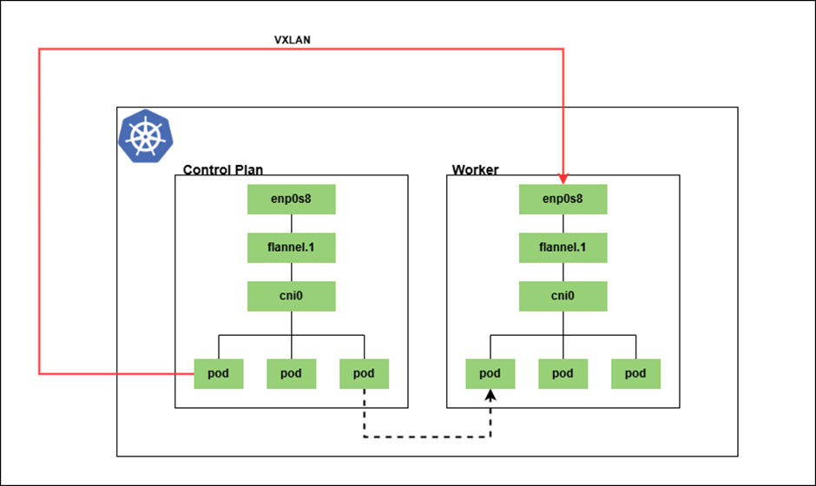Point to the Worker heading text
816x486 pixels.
point(476,169)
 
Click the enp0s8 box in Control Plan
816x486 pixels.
point(291,199)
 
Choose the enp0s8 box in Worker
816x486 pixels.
point(563,199)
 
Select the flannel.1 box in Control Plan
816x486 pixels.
point(291,247)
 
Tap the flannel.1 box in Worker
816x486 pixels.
point(563,247)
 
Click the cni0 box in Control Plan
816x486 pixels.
point(291,295)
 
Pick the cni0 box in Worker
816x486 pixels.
point(563,295)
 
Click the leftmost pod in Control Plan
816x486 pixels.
point(218,373)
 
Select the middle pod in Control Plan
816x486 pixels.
point(291,373)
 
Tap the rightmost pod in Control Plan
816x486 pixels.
point(364,373)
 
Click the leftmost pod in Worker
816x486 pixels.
point(490,373)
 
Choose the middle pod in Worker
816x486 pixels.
point(563,373)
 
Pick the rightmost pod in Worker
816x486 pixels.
point(635,373)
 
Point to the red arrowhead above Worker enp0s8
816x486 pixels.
point(563,178)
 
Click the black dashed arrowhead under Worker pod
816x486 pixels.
point(490,396)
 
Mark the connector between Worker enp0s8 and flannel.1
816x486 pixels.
point(563,223)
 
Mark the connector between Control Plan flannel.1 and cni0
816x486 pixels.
point(291,272)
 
